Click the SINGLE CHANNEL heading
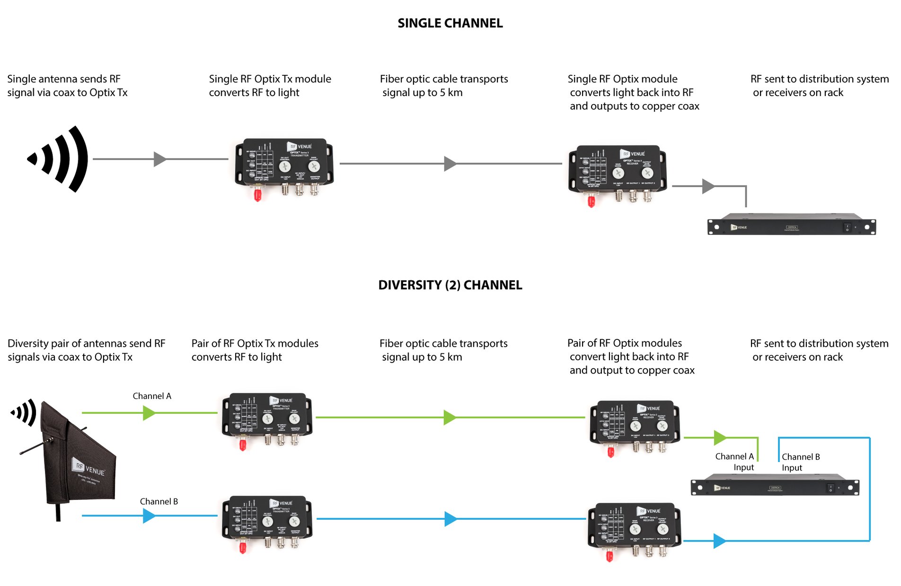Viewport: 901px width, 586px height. point(450,23)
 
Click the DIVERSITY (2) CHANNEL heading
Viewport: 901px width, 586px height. point(450,285)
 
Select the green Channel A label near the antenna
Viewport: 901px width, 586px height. point(151,396)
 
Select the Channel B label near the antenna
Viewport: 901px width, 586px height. point(159,502)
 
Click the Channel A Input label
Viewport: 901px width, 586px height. point(735,462)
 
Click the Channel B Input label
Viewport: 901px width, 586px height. point(800,462)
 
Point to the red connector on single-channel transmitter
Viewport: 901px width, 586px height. point(257,195)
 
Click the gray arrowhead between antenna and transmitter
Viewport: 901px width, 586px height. point(159,159)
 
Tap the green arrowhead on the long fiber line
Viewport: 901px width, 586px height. point(450,417)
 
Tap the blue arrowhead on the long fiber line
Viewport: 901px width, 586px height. point(450,519)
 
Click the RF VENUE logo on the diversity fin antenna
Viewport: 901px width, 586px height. point(88,468)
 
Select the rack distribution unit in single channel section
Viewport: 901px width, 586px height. point(791,224)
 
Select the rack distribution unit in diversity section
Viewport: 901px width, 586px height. point(775,485)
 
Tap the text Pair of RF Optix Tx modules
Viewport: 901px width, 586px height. point(255,343)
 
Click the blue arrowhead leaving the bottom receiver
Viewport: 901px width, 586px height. point(719,541)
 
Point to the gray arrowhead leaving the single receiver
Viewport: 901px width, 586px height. point(708,186)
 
